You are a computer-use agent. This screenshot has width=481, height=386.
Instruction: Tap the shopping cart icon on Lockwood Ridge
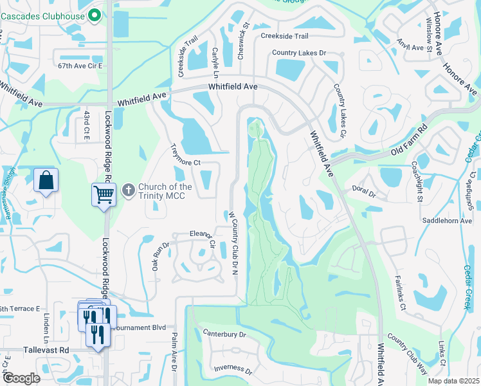point(103,193)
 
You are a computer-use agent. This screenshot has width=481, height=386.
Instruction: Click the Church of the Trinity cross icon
point(128,190)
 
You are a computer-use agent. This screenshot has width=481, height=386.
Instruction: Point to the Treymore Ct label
point(185,154)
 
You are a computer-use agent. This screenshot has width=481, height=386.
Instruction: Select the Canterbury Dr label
point(224,334)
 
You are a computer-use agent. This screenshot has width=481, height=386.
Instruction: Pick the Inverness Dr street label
point(233,369)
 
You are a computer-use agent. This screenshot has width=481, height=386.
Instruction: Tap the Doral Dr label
point(363,190)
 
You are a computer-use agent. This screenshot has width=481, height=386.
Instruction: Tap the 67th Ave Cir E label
point(80,66)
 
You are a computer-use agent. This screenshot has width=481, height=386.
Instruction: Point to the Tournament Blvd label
point(138,327)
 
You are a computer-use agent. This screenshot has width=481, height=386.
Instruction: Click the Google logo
point(21,378)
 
